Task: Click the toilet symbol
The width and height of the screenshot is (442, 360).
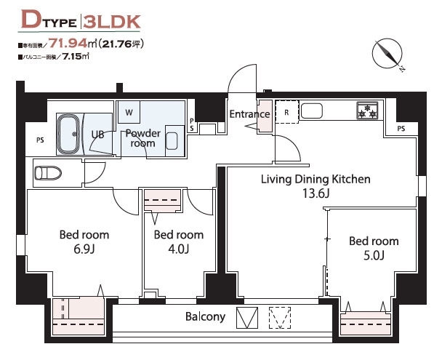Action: click(48, 173)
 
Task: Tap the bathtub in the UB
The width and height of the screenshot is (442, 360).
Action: click(68, 135)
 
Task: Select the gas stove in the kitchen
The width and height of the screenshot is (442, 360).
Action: click(367, 111)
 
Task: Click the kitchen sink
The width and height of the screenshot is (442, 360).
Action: click(311, 111)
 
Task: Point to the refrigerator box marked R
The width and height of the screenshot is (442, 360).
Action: click(286, 112)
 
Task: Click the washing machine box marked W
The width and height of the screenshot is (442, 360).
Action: click(129, 112)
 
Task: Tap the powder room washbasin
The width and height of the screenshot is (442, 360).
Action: click(172, 141)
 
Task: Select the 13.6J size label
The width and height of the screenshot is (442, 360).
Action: click(316, 193)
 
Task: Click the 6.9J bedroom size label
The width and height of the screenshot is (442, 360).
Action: click(84, 249)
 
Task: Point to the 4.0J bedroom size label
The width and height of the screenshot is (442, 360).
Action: click(178, 249)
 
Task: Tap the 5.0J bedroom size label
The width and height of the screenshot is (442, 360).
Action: click(374, 256)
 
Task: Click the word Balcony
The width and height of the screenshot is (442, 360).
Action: click(206, 316)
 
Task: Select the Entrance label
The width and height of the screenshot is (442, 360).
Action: click(249, 114)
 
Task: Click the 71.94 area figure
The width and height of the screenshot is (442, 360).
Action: click(68, 43)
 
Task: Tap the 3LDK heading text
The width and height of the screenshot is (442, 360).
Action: click(112, 22)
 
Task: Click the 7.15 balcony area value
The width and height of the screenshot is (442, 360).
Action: click(72, 57)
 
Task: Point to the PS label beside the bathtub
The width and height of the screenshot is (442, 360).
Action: click(40, 140)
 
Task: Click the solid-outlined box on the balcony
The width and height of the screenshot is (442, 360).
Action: click(247, 318)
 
